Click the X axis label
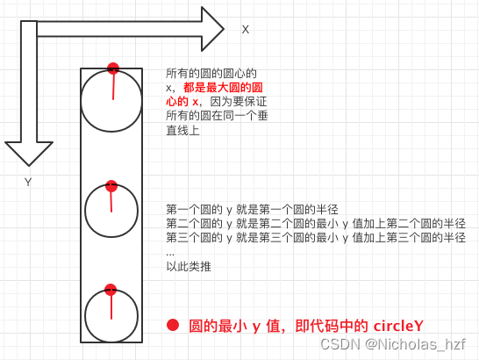[246, 29]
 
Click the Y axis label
[28, 182]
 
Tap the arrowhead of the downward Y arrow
[28, 154]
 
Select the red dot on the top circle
[112, 68]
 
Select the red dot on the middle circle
[111, 186]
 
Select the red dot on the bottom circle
[111, 290]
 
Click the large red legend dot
[173, 325]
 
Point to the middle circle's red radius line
[111, 199]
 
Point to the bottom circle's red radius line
[111, 304]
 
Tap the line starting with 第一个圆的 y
[252, 209]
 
